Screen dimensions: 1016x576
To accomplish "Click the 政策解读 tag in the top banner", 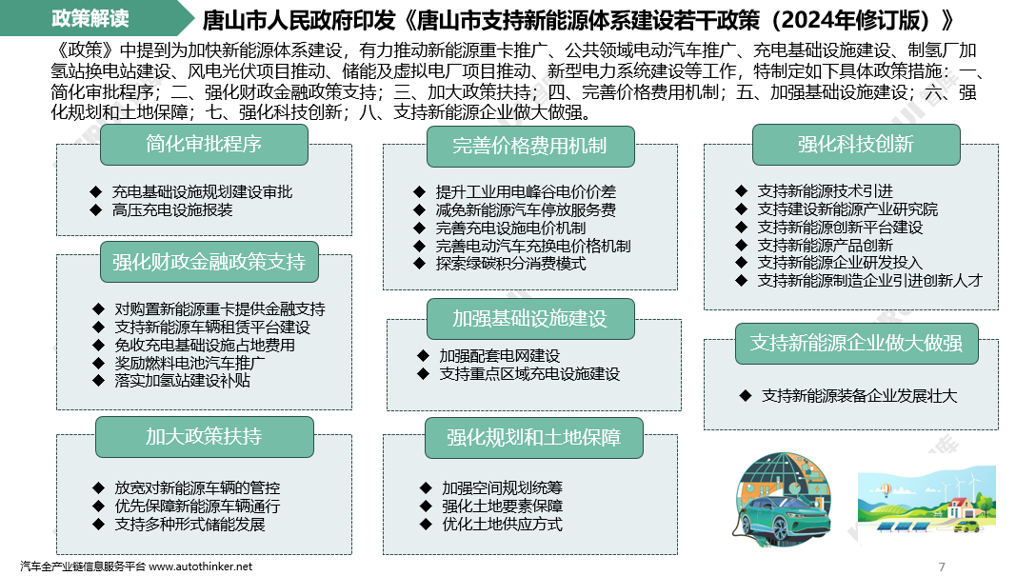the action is click(x=90, y=18).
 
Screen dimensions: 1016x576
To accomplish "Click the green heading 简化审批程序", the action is click(x=204, y=144).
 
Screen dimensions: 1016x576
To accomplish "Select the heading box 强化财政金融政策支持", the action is click(x=209, y=262).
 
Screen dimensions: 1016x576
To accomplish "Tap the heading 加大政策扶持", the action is click(x=205, y=437).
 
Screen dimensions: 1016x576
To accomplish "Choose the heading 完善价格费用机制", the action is click(x=530, y=147).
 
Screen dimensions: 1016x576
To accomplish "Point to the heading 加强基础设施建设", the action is click(x=530, y=319).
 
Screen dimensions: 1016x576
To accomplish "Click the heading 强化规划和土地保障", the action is click(x=534, y=438).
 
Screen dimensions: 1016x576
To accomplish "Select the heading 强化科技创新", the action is click(x=856, y=145).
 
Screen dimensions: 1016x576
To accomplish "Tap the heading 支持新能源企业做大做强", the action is click(x=857, y=344).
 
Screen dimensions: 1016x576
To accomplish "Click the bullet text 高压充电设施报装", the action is click(x=172, y=209).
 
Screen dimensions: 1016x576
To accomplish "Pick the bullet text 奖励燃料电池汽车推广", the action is click(x=189, y=363).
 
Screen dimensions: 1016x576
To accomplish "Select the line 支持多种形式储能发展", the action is click(x=189, y=525).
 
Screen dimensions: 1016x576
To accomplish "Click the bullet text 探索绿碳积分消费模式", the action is click(x=510, y=264).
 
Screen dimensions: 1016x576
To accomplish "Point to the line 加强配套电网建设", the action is click(x=500, y=356).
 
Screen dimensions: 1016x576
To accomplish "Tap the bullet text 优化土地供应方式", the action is click(x=502, y=525).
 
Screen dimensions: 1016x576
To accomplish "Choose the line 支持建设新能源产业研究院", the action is click(x=847, y=209).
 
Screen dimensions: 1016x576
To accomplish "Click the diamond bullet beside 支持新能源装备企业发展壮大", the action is click(x=746, y=395).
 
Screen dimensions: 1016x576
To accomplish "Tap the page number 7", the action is click(x=942, y=566).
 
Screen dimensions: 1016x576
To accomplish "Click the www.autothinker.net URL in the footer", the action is click(x=200, y=566).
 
